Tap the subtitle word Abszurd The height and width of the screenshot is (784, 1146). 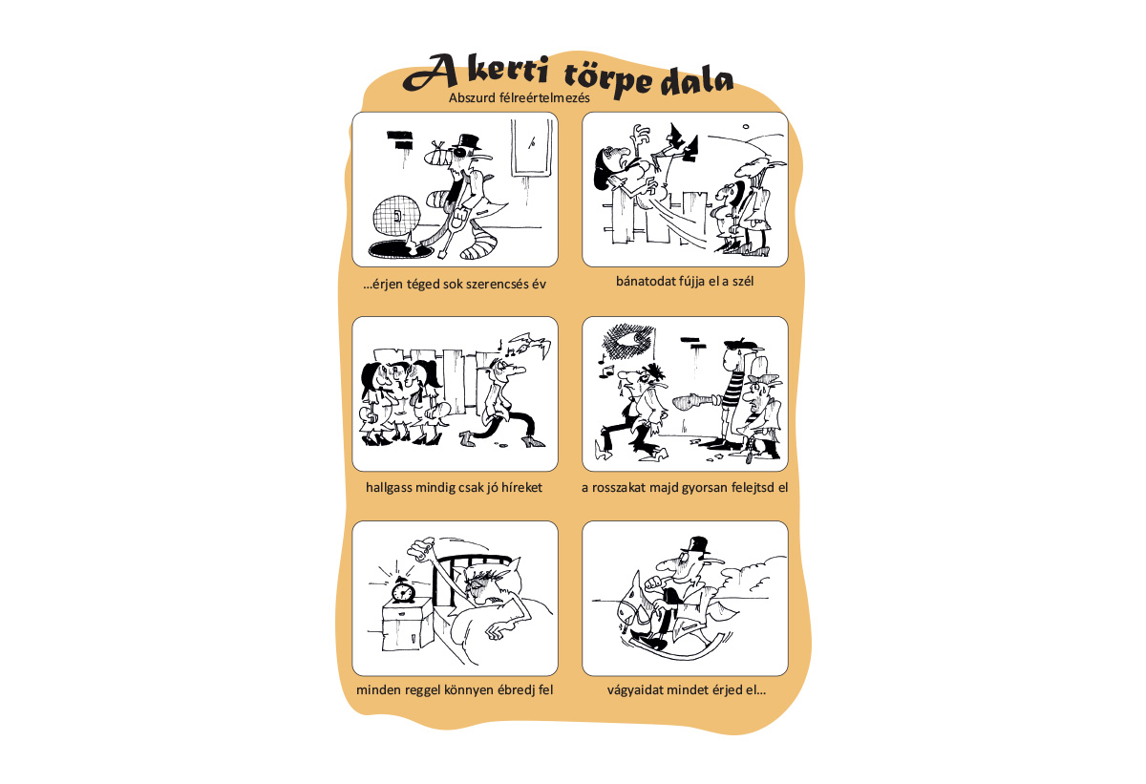pyautogui.click(x=472, y=97)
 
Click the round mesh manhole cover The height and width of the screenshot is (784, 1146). pyautogui.click(x=396, y=217)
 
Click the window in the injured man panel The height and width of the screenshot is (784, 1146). pyautogui.click(x=532, y=148)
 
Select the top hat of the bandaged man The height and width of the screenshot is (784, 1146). pyautogui.click(x=469, y=141)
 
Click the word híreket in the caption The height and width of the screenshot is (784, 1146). pyautogui.click(x=521, y=487)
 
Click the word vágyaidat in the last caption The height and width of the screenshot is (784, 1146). pyautogui.click(x=634, y=691)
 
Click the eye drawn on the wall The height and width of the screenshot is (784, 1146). pyautogui.click(x=628, y=342)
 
